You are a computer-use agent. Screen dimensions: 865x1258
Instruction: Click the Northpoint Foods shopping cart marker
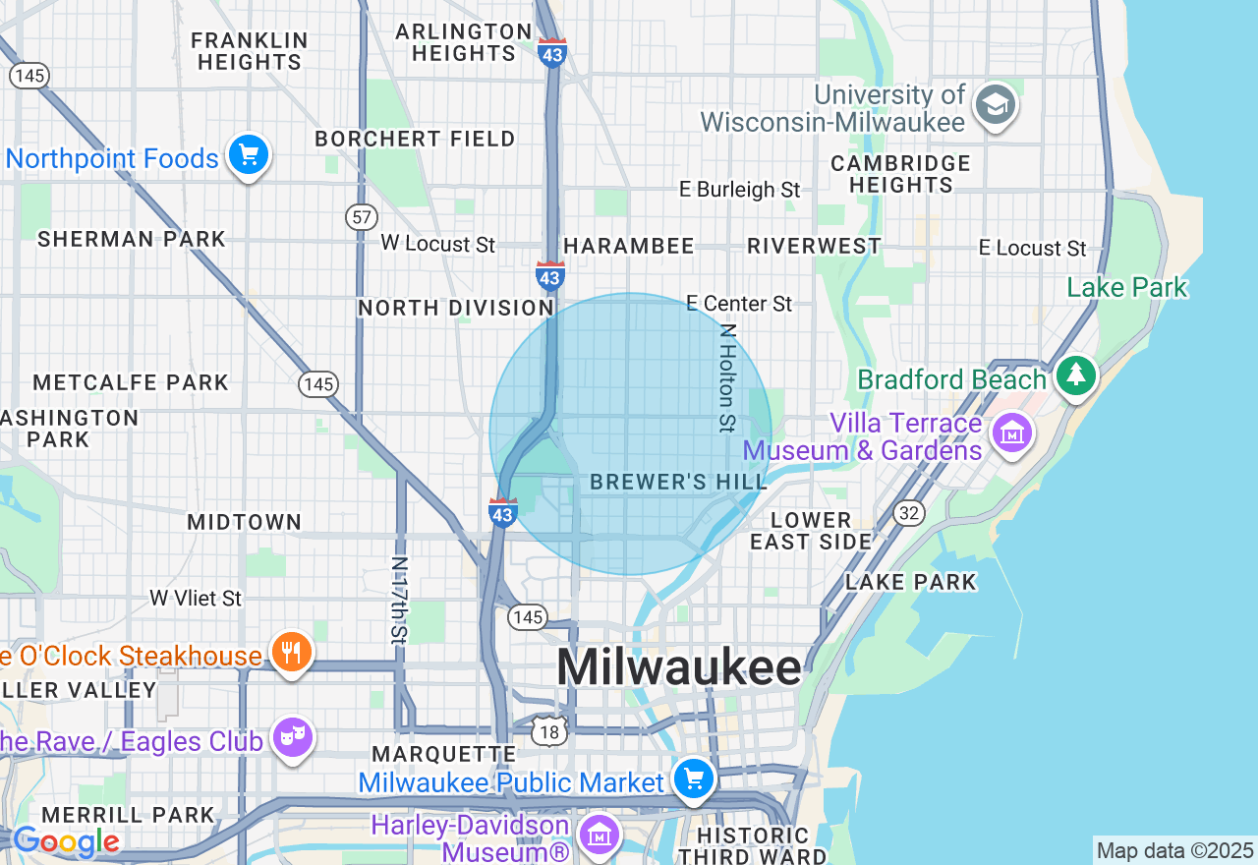(x=248, y=155)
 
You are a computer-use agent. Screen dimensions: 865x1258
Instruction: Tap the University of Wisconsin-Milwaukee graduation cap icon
(x=995, y=104)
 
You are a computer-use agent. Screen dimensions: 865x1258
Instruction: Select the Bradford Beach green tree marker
(x=1076, y=375)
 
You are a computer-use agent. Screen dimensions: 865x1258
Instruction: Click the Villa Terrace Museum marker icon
(x=1011, y=433)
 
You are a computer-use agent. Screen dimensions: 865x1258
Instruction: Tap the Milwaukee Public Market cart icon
(x=694, y=779)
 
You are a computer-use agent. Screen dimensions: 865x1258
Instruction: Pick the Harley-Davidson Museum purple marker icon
(x=599, y=835)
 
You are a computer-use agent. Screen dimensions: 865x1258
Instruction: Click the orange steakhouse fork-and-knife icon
(x=290, y=652)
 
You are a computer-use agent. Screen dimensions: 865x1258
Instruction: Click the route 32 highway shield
(x=908, y=512)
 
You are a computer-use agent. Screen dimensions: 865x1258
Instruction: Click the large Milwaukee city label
(x=679, y=668)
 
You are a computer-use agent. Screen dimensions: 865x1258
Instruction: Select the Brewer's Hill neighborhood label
(x=678, y=482)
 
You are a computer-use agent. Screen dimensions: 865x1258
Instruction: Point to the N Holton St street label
(x=726, y=378)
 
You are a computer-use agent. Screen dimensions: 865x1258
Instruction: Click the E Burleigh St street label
(x=740, y=189)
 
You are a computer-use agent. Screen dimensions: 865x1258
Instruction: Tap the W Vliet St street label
(x=196, y=598)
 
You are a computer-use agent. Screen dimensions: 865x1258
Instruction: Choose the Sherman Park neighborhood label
(x=132, y=239)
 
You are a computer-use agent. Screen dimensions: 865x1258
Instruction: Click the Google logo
(x=66, y=841)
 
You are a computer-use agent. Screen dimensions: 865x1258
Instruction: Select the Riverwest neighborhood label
(x=814, y=246)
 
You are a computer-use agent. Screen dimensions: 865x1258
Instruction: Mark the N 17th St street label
(x=399, y=601)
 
